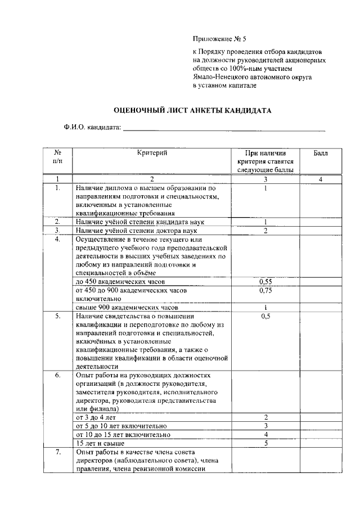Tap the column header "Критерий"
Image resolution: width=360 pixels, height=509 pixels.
[152, 153]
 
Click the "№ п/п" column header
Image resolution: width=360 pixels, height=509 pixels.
[57, 157]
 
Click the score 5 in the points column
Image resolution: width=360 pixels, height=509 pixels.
[264, 443]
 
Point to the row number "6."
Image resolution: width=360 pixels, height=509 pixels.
[57, 375]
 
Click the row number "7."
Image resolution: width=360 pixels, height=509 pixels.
[57, 452]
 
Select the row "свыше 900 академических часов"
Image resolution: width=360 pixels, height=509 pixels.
[127, 308]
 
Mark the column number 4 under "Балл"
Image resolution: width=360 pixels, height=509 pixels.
[320, 179]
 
